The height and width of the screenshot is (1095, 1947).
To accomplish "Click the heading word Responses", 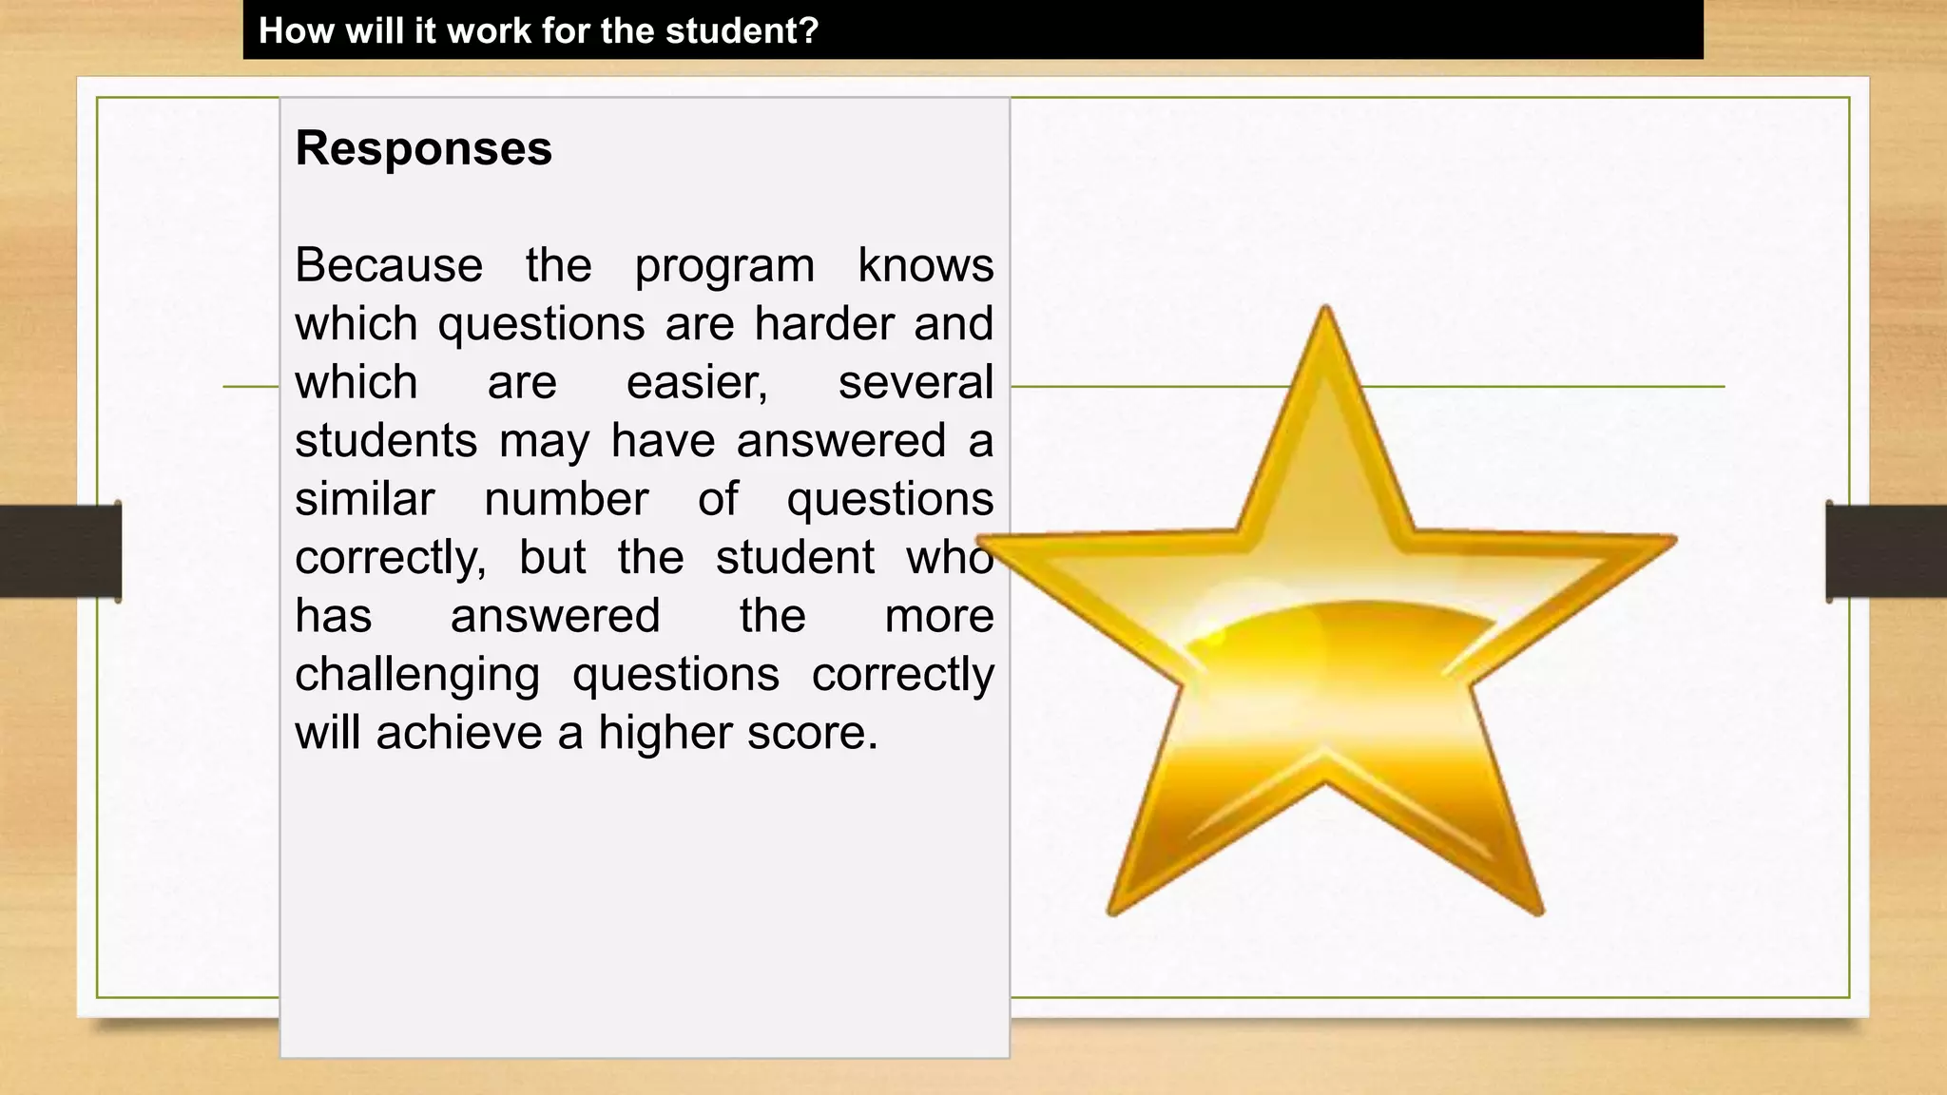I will [423, 149].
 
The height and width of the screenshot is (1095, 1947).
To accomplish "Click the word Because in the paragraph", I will [389, 265].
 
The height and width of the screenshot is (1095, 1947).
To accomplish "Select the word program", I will [724, 267].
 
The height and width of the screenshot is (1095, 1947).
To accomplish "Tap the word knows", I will [925, 265].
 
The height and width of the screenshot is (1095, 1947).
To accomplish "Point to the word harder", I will [824, 324].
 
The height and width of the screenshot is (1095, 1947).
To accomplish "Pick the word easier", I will [697, 383].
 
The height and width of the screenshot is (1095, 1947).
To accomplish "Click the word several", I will [915, 383].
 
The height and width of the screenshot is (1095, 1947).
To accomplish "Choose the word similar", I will [365, 500].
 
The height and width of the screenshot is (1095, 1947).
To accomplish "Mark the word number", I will [567, 500].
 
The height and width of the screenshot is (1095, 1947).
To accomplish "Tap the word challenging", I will [417, 676].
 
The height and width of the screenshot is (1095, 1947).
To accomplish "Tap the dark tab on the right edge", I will [1886, 551].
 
